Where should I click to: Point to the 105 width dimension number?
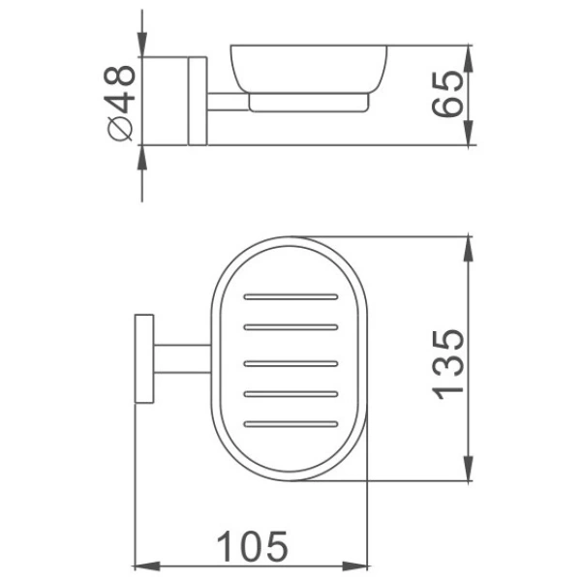251,548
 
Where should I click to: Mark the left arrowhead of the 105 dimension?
141,566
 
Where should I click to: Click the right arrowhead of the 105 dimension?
360,566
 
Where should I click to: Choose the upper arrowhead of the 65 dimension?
469,55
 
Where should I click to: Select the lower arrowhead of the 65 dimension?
469,136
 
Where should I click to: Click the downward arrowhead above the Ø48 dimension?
142,46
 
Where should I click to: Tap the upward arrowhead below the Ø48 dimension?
142,157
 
